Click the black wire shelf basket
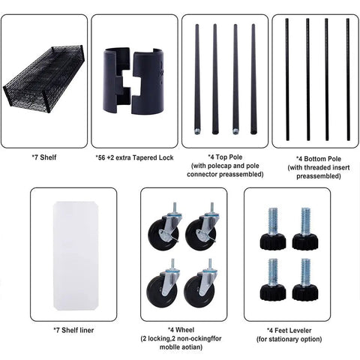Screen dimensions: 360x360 click(43, 79)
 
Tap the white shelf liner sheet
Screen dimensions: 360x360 click(76, 256)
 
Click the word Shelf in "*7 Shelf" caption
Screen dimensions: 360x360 click(48, 157)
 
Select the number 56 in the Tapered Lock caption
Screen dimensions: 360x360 click(101, 157)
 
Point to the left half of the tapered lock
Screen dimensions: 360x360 click(117, 81)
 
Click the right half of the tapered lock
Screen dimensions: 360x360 click(148, 82)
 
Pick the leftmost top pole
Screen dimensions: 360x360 click(197, 79)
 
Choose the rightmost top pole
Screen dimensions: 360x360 click(253, 79)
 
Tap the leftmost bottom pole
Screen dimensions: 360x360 click(287, 79)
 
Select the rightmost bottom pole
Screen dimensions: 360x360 click(348, 79)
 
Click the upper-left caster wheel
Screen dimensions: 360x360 click(165, 228)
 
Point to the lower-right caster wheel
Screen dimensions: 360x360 click(201, 284)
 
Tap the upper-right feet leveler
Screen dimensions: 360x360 click(305, 229)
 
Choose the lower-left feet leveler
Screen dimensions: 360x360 click(273, 280)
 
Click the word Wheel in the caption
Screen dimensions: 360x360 click(184, 330)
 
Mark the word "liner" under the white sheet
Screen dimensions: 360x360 click(85, 330)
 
